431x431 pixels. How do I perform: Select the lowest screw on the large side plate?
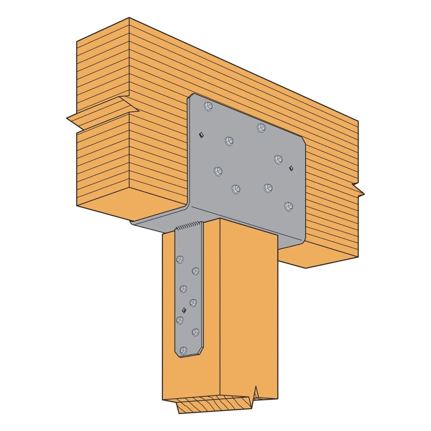pos(288,206)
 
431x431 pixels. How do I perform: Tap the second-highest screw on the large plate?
pos(261,127)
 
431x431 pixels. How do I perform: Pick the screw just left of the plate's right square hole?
pos(278,159)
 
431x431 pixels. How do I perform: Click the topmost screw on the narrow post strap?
pos(180,259)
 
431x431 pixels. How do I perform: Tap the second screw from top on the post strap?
pos(195,271)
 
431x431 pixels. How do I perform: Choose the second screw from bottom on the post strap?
pos(195,332)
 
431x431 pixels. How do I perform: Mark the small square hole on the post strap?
pos(183,310)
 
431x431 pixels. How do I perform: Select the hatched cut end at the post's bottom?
pos(213,403)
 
